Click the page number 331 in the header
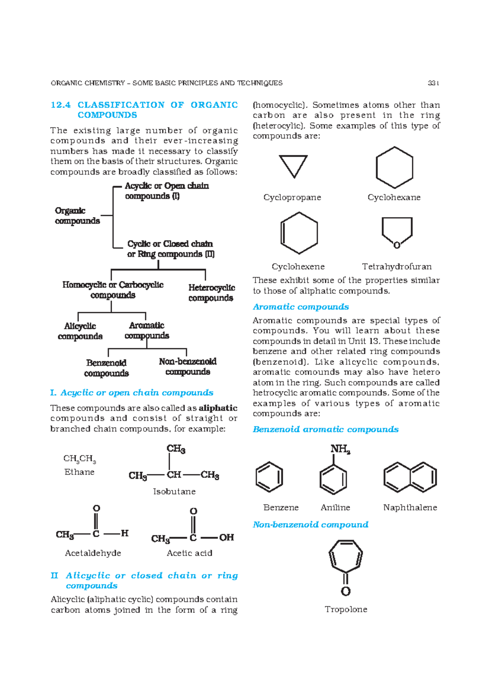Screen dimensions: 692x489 click(433, 83)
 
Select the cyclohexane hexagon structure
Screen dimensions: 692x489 click(394, 167)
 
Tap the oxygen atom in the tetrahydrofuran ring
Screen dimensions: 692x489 click(396, 245)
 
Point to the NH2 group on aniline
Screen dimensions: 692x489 click(340, 449)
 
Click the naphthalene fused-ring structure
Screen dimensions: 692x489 click(410, 477)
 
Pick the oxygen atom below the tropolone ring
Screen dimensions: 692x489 click(346, 591)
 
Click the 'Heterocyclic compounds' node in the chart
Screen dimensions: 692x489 click(211, 293)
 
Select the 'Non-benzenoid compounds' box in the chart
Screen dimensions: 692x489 click(187, 366)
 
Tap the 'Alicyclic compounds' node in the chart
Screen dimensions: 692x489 click(80, 331)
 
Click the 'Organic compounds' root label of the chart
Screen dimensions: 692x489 click(77, 216)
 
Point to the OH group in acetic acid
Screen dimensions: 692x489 click(227, 538)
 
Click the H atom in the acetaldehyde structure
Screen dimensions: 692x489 click(125, 533)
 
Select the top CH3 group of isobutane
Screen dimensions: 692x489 click(176, 449)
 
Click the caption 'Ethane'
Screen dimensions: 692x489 click(79, 472)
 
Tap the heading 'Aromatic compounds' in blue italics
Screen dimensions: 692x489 click(301, 307)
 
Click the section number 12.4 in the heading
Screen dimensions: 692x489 click(61, 105)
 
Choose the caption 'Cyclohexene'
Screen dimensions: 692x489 click(298, 267)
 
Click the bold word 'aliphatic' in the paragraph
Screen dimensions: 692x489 click(218, 408)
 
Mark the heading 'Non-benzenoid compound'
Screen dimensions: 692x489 click(310, 525)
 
